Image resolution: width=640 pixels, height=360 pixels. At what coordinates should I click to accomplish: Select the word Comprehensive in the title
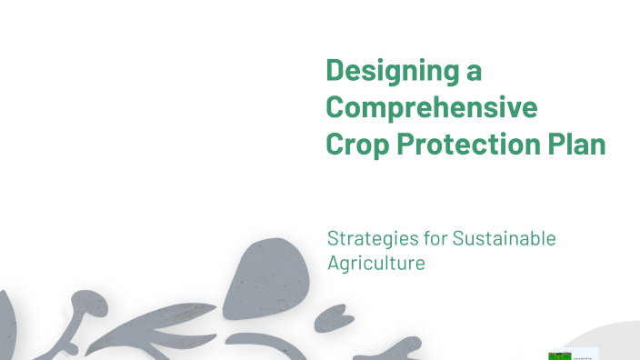point(431,107)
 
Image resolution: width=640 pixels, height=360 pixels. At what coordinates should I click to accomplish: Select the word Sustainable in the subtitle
point(504,239)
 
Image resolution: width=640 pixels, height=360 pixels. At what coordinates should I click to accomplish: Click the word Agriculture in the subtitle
point(376,264)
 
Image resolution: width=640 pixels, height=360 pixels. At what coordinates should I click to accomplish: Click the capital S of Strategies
point(333,239)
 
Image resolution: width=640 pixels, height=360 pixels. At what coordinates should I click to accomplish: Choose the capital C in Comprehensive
point(335,107)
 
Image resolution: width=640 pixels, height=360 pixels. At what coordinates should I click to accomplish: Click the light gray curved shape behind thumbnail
point(614,341)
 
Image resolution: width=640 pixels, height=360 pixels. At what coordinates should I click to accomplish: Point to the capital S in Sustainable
point(458,239)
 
